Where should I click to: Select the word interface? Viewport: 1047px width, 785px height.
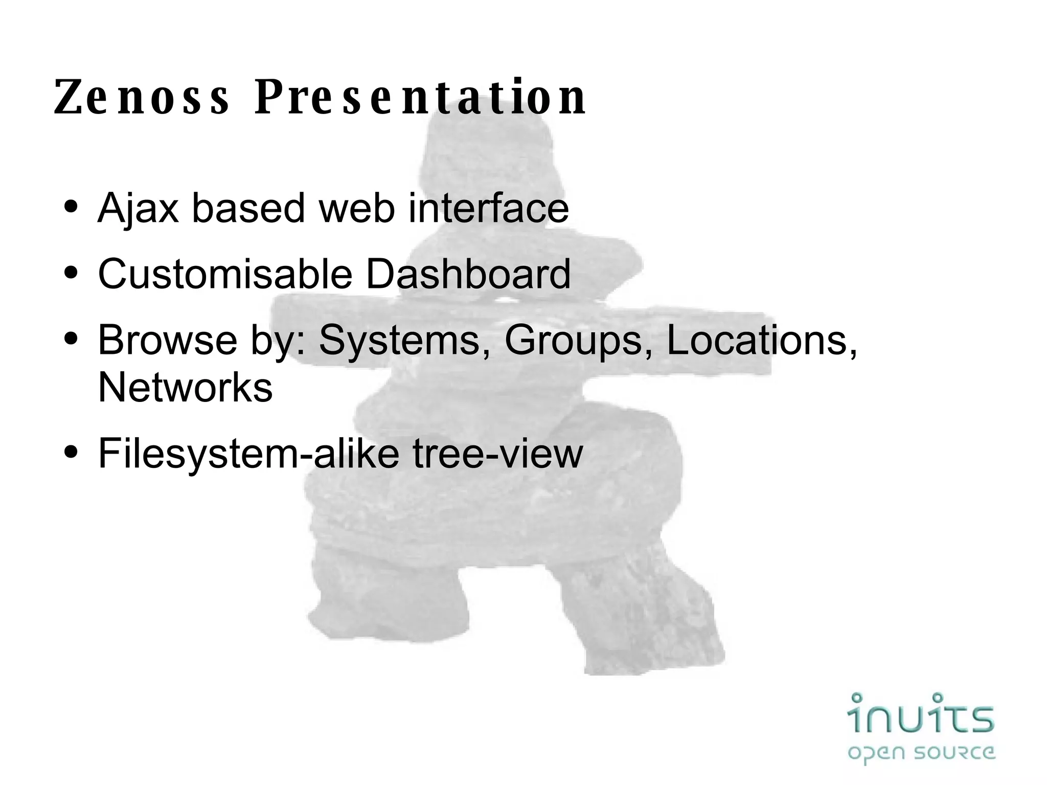click(x=488, y=209)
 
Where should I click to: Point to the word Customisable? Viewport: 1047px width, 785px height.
click(x=225, y=274)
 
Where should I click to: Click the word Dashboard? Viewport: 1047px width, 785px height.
click(x=468, y=274)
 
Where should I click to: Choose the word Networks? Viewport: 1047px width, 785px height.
click(x=185, y=387)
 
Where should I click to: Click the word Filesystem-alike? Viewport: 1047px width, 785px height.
click(x=248, y=453)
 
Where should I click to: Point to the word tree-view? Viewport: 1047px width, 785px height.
click(x=497, y=453)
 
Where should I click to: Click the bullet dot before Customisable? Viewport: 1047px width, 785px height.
click(x=71, y=274)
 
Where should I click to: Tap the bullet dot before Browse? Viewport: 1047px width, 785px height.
click(x=71, y=340)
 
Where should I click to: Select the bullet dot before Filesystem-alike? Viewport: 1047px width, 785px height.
click(x=71, y=453)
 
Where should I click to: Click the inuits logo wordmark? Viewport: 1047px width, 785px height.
click(x=921, y=713)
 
